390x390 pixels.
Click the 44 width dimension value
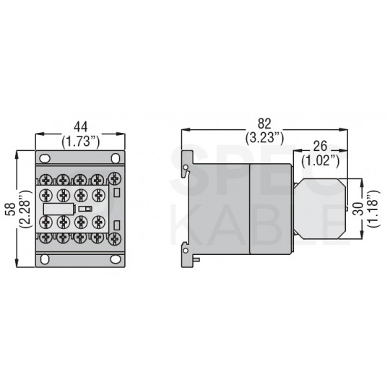(x=81, y=127)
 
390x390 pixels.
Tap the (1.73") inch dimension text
(x=81, y=142)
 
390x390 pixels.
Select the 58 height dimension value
(x=11, y=209)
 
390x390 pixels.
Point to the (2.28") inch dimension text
(x=25, y=209)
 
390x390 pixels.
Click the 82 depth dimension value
(x=264, y=123)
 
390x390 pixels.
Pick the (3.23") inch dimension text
(x=264, y=138)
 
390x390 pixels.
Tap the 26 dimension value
(x=320, y=146)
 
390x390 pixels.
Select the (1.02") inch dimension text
(x=321, y=160)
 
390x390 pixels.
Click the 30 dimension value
(x=359, y=209)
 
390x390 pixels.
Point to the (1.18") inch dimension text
(x=374, y=209)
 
